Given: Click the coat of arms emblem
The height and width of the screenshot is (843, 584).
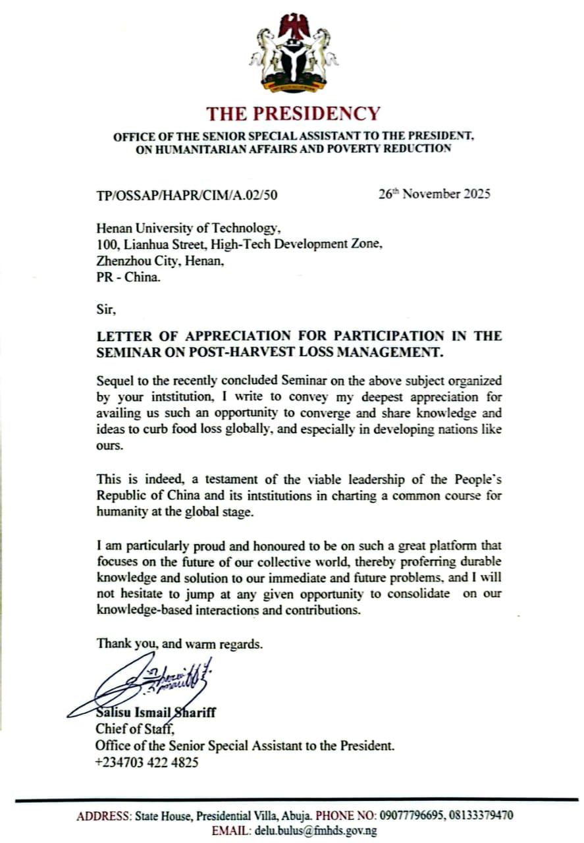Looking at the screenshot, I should point(293,53).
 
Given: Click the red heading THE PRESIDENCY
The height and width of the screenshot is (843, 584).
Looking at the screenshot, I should point(293,114).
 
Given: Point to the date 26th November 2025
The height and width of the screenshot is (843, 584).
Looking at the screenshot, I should point(435,194).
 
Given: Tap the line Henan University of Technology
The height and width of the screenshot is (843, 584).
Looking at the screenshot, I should point(188,229).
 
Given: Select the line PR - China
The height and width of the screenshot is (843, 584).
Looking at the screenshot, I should point(128,277).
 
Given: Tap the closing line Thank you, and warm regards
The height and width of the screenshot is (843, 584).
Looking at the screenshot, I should point(180,643).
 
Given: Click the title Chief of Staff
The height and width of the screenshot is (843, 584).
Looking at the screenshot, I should point(135,729).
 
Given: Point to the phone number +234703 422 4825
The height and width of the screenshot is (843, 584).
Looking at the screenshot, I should point(147,763).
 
